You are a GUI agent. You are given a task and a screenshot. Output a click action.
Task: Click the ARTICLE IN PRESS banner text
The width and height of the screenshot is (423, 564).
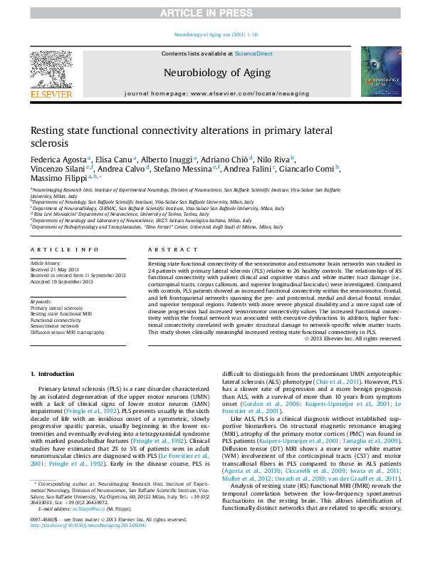tap(211, 13)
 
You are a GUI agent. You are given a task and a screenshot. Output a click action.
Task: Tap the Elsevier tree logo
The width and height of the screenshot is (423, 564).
tap(51, 70)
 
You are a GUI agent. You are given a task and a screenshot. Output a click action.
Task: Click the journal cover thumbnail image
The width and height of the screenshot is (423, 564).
tap(385, 72)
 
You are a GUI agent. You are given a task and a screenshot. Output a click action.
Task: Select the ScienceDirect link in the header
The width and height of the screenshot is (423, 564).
tap(254, 53)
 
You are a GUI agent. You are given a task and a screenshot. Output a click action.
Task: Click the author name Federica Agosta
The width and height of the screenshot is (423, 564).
tap(59, 159)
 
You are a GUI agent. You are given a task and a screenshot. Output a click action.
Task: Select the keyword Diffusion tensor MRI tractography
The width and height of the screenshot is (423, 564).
tap(73, 332)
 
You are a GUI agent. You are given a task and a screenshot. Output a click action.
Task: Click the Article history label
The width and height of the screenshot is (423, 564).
tap(45, 263)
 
